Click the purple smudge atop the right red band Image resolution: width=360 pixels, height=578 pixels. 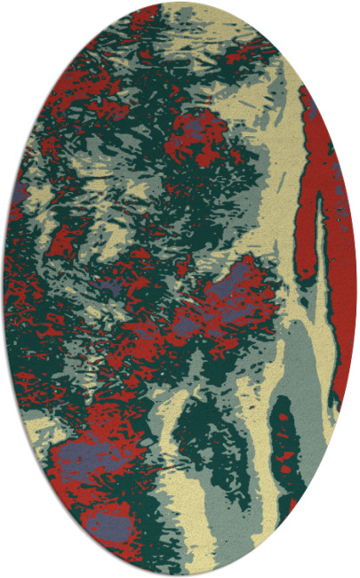313,111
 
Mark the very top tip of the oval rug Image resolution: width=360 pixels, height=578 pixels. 180,3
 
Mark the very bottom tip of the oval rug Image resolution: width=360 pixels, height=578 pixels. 180,575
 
